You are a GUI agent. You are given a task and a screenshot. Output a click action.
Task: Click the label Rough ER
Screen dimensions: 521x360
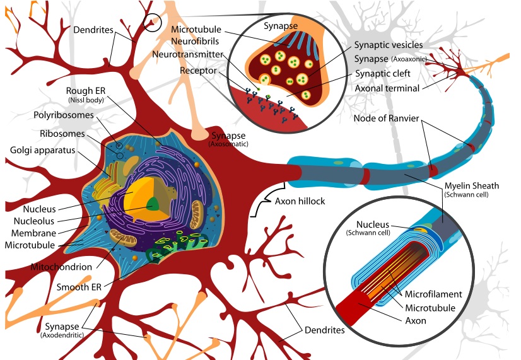(x=85, y=91)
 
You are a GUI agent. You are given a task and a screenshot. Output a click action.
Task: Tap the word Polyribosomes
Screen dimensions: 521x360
(x=64, y=115)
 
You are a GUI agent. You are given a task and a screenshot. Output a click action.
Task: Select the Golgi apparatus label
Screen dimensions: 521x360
(x=42, y=150)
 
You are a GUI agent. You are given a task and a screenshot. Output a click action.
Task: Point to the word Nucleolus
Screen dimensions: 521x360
(x=34, y=221)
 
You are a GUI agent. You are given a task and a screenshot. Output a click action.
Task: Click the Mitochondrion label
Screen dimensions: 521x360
(x=61, y=267)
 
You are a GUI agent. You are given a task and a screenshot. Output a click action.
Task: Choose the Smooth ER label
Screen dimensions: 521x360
(x=79, y=287)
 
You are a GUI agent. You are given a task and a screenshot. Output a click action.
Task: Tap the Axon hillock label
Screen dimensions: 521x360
(x=300, y=201)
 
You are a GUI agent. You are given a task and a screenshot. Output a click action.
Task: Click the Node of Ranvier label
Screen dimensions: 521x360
(x=386, y=119)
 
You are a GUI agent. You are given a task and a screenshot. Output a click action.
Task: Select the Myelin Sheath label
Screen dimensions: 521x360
(x=472, y=185)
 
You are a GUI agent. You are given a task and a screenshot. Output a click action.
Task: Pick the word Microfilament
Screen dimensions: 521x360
(x=433, y=294)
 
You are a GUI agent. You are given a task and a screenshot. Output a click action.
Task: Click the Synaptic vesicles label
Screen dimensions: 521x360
(x=389, y=45)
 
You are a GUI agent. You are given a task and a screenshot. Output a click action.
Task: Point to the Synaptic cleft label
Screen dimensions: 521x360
(x=382, y=73)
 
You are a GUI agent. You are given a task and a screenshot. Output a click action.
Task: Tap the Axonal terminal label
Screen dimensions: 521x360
(x=387, y=88)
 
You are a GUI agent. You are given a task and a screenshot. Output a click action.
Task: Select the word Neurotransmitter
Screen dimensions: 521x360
(x=187, y=54)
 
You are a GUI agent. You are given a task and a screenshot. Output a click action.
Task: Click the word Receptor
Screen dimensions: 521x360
(x=198, y=71)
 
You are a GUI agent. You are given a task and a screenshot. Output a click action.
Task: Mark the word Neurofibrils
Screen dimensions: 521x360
(x=195, y=41)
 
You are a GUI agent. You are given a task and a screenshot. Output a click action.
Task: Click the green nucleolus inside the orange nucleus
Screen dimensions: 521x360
(x=153, y=204)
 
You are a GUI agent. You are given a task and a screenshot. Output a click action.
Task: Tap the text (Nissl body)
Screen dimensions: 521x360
(x=86, y=100)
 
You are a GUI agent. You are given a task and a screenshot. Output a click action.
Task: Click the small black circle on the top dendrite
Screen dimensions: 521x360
(x=152, y=23)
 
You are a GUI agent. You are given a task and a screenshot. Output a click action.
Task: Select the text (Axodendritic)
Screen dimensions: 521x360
(x=62, y=335)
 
